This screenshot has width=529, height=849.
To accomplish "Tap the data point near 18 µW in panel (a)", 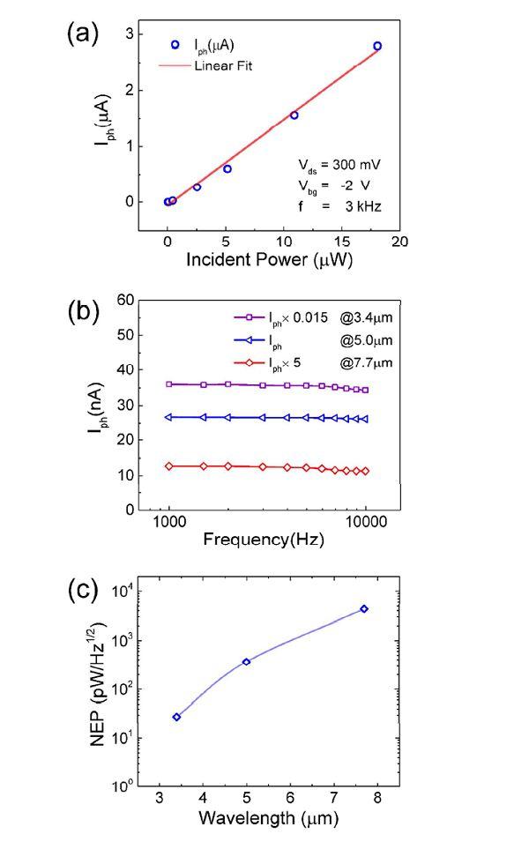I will point(377,46).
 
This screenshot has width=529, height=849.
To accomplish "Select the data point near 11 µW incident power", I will point(294,115).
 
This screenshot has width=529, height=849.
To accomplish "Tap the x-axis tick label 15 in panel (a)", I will point(342,241).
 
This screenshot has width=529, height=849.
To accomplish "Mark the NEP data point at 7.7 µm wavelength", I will point(364,609).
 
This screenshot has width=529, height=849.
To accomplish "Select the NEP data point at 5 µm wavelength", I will point(246,661).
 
